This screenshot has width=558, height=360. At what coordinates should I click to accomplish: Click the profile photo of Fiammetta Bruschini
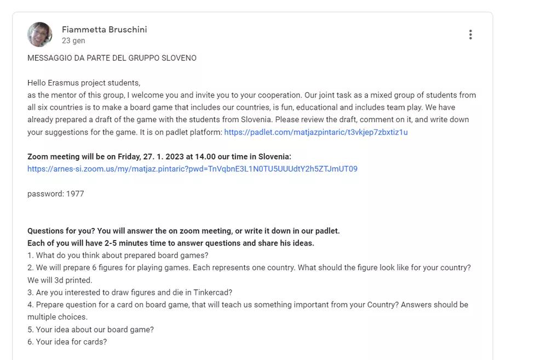tap(40, 35)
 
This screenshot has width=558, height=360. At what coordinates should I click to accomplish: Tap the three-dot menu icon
tap(470, 35)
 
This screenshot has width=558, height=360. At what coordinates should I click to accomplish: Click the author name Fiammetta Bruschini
tap(104, 30)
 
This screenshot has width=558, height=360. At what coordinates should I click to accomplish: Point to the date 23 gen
tap(73, 41)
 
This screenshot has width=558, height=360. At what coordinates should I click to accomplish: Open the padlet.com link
tap(316, 132)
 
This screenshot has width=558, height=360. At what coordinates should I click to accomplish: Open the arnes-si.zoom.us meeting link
tap(192, 169)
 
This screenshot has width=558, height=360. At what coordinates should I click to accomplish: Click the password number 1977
tap(75, 194)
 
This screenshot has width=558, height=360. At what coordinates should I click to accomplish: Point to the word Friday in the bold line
tap(128, 157)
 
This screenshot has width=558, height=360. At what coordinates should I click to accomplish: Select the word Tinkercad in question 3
tap(212, 293)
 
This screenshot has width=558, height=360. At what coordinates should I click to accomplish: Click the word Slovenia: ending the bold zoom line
tap(274, 157)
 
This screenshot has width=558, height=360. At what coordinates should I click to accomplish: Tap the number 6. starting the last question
tap(31, 342)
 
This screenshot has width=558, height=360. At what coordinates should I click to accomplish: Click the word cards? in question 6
tap(95, 342)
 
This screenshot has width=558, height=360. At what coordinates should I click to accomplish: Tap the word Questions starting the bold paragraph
tap(45, 231)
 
